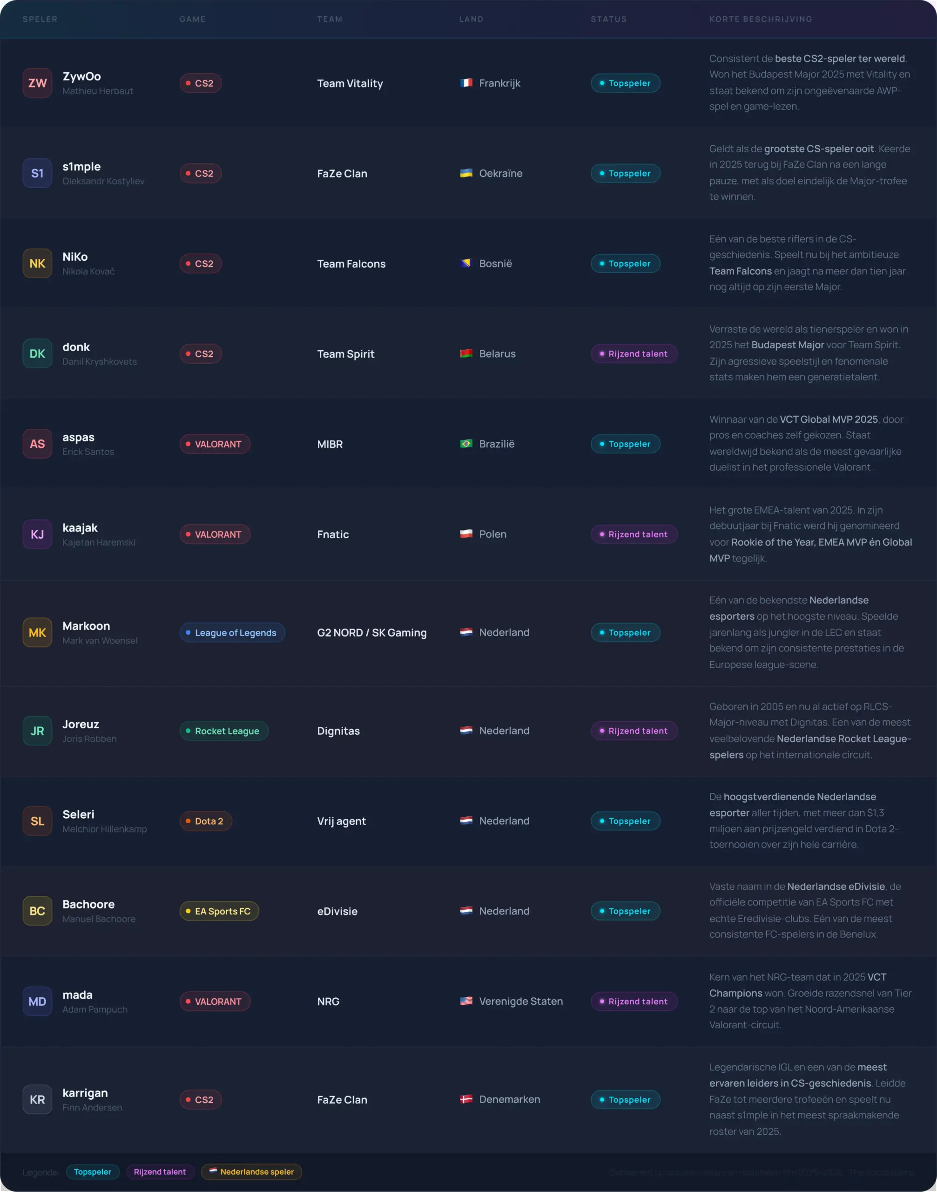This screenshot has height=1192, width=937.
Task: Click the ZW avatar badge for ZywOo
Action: [x=37, y=83]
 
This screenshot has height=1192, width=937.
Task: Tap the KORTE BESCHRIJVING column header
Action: [x=761, y=19]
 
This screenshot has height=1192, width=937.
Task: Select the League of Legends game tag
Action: [x=232, y=632]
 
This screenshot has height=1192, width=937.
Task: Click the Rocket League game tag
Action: [x=224, y=731]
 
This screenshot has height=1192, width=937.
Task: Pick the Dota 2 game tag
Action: [x=206, y=820]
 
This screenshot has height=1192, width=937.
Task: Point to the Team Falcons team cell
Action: [x=351, y=264]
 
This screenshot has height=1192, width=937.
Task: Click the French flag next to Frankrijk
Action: [x=466, y=83]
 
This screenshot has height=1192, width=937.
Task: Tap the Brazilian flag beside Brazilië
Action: [x=466, y=443]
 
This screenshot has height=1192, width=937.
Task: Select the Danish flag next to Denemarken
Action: [x=466, y=1099]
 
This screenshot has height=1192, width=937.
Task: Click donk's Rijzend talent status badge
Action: [x=634, y=353]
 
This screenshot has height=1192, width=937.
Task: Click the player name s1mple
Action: [x=81, y=166]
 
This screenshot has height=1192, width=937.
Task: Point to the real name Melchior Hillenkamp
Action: [x=104, y=829]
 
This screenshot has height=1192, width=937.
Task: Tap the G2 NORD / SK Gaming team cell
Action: [x=371, y=632]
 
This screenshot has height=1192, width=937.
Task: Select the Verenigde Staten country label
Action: [x=520, y=1001]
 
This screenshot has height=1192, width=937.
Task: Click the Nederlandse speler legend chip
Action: [x=251, y=1171]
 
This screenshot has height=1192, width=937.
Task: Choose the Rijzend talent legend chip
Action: [x=160, y=1171]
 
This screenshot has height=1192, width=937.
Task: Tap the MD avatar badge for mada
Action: [x=37, y=1001]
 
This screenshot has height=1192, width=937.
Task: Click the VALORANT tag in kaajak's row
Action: [x=215, y=534]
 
